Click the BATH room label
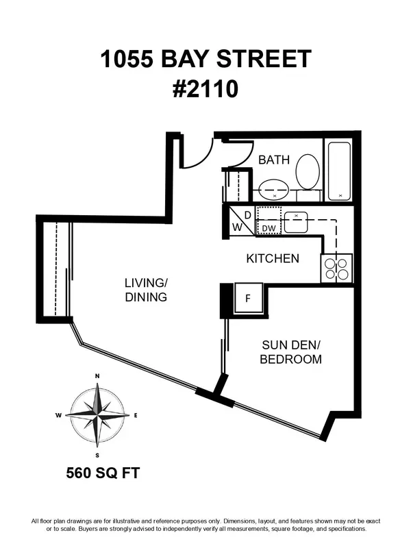pyautogui.click(x=273, y=160)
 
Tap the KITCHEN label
pyautogui.click(x=273, y=258)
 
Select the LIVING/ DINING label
pyautogui.click(x=146, y=290)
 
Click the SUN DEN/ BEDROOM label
pyautogui.click(x=290, y=352)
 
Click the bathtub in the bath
pyautogui.click(x=338, y=171)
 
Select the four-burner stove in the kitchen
pyautogui.click(x=336, y=268)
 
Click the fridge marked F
pyautogui.click(x=247, y=299)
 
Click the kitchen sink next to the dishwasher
pyautogui.click(x=297, y=223)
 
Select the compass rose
pyautogui.click(x=98, y=415)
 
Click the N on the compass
pyautogui.click(x=98, y=376)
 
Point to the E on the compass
pyautogui.click(x=136, y=415)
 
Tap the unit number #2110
pyautogui.click(x=206, y=89)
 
